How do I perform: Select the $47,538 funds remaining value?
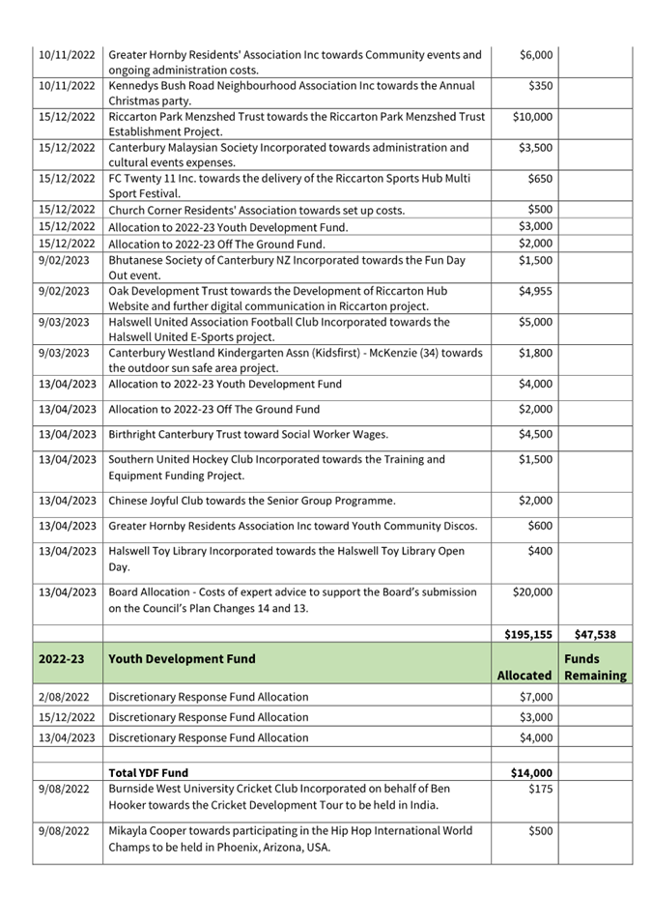(x=596, y=634)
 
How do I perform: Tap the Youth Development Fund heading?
(x=183, y=659)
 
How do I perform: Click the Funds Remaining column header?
(x=595, y=667)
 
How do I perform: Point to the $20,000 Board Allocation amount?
(x=532, y=591)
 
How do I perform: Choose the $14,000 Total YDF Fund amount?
(x=531, y=772)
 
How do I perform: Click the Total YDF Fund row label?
(x=149, y=772)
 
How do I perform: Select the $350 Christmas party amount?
(x=540, y=86)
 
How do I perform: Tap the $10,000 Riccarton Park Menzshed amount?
(x=532, y=117)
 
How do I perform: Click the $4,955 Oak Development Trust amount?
(x=535, y=291)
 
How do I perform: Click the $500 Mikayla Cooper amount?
(x=540, y=830)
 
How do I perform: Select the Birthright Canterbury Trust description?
(x=248, y=434)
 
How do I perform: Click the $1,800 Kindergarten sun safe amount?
(x=535, y=353)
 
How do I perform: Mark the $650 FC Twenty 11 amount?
(x=540, y=179)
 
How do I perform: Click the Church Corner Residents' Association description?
(x=256, y=210)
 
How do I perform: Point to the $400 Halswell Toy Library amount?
(x=540, y=551)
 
